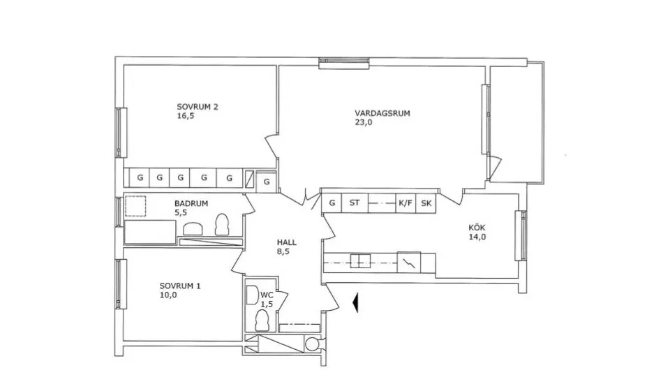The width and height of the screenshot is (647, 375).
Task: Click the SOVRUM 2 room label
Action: coord(198,107)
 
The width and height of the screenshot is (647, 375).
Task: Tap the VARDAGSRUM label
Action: coord(382,113)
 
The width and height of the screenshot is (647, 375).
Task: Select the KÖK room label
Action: coord(477,228)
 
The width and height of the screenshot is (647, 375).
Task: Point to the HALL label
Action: coord(286,242)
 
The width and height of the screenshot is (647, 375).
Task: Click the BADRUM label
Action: coord(191,204)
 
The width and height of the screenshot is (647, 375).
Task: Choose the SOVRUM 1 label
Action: coord(180,286)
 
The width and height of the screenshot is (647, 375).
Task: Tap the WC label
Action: coord(267,295)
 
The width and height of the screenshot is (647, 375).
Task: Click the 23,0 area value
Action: coord(364,122)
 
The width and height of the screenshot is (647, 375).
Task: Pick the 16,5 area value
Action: coord(185,116)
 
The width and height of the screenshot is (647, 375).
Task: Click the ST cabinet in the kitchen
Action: coord(355,203)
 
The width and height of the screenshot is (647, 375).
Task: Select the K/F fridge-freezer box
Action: coord(406,203)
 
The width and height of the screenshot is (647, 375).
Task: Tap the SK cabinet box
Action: coord(426,203)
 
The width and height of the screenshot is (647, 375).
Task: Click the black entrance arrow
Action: coord(355,303)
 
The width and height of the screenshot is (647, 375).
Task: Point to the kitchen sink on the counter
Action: coord(360,261)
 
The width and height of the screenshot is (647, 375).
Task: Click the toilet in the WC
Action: coord(262,321)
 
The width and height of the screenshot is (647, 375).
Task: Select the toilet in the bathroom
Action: coord(222,225)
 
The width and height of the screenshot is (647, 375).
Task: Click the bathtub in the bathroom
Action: coord(150,232)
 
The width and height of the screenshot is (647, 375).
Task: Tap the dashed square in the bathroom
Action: coord(136,206)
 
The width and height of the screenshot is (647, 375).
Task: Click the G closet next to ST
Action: coord(332,203)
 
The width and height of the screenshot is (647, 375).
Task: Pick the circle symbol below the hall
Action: coord(311,343)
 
